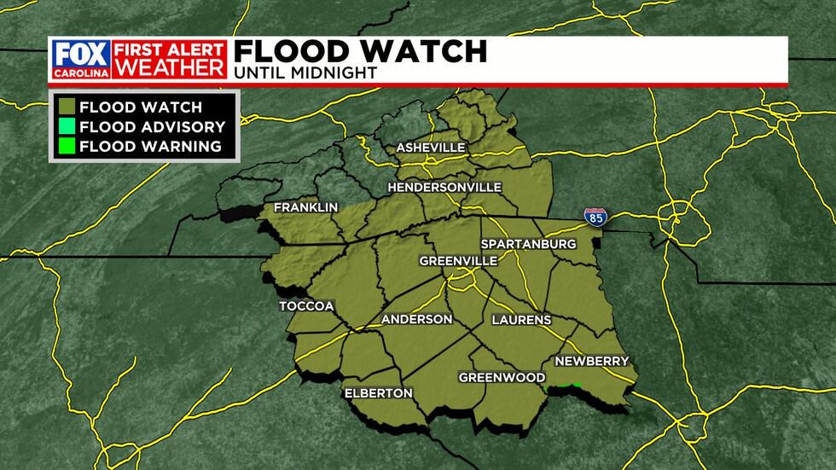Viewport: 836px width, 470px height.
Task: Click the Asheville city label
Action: (431, 148)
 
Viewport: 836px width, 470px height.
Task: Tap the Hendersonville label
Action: (444, 187)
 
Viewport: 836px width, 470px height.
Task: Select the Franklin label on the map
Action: (306, 207)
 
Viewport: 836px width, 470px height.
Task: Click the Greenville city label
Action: (458, 260)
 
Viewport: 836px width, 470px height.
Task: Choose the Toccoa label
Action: (306, 306)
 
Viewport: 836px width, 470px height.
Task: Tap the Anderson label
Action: (416, 319)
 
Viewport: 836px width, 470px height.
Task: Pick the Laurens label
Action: (521, 320)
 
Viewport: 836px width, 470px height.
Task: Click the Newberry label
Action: (591, 361)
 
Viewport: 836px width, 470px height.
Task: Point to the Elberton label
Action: (378, 393)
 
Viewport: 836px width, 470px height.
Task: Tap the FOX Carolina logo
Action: (79, 59)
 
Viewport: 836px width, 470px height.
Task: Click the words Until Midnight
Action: (305, 73)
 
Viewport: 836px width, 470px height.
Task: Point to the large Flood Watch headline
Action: (360, 50)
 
